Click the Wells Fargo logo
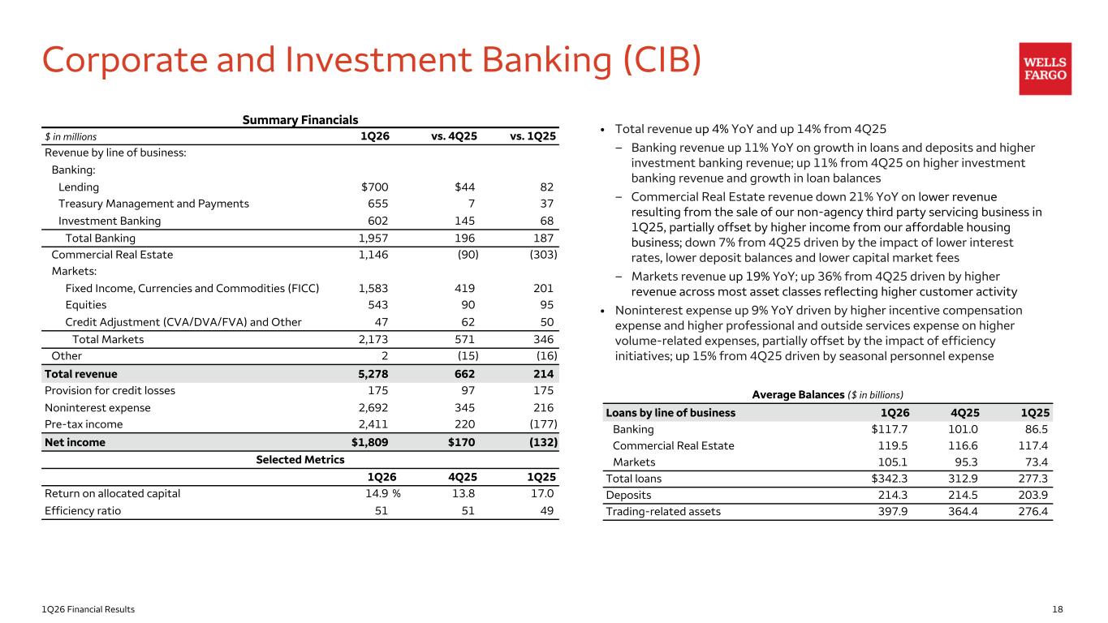(x=1045, y=69)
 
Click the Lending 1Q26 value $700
(x=374, y=187)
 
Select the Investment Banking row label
(x=110, y=221)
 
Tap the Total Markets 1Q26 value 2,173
(x=373, y=340)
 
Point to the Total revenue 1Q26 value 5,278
(x=373, y=374)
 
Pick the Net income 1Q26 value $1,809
(x=369, y=442)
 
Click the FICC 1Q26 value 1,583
(x=373, y=288)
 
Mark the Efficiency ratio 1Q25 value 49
(x=547, y=510)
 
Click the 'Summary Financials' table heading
(x=300, y=120)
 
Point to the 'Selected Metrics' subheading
(x=300, y=460)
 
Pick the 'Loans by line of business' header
(x=670, y=412)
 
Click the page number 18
(x=1057, y=609)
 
